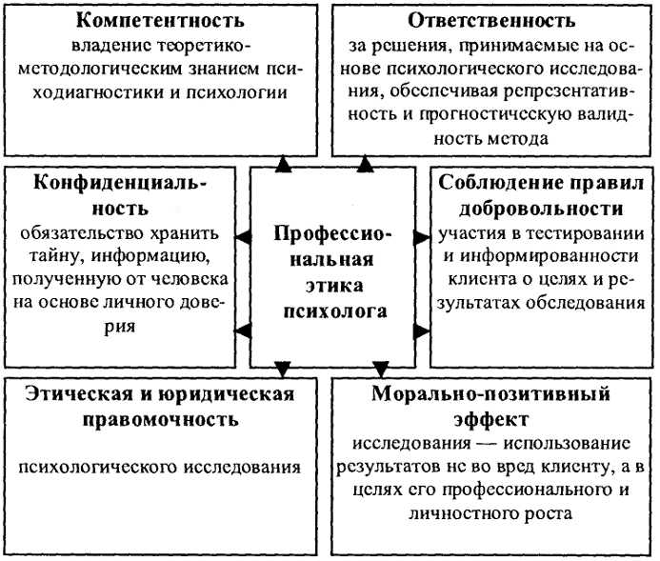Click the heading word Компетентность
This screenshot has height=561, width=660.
pyautogui.click(x=160, y=20)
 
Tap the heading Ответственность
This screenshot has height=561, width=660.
pyautogui.click(x=491, y=20)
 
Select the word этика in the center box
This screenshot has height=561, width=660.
pyautogui.click(x=334, y=286)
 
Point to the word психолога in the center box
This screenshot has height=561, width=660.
pyautogui.click(x=335, y=311)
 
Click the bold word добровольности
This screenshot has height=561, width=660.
pyautogui.click(x=541, y=210)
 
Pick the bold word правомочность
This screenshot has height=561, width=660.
pyautogui.click(x=160, y=420)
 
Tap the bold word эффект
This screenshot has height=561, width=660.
pyautogui.click(x=490, y=420)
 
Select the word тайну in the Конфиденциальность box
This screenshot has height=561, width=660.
pyautogui.click(x=57, y=256)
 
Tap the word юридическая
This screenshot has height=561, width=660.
pyautogui.click(x=226, y=394)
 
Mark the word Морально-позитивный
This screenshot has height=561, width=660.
pyautogui.click(x=490, y=394)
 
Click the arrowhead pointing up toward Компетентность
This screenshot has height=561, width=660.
pyautogui.click(x=283, y=164)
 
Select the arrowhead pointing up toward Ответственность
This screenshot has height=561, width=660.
pyautogui.click(x=365, y=164)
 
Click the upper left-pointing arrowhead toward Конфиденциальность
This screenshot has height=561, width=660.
pyautogui.click(x=243, y=237)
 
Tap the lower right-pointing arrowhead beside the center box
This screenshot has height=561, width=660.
pyautogui.click(x=422, y=331)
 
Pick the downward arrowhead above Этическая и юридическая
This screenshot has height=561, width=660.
pyautogui.click(x=283, y=369)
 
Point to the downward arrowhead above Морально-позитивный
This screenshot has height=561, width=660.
pyautogui.click(x=381, y=369)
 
